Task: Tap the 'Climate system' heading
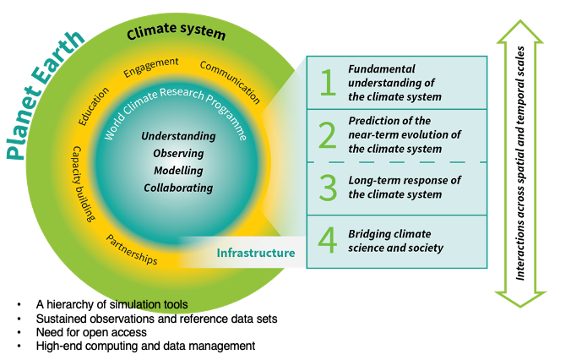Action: pyautogui.click(x=177, y=35)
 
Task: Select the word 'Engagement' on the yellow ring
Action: pyautogui.click(x=151, y=67)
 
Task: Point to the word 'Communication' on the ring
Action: pyautogui.click(x=231, y=78)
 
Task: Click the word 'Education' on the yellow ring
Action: pyautogui.click(x=94, y=106)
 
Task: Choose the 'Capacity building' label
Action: pyautogui.click(x=83, y=184)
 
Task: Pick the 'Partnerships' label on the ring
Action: pyautogui.click(x=132, y=249)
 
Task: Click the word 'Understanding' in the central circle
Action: pyautogui.click(x=178, y=136)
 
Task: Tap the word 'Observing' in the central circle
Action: pyautogui.click(x=178, y=153)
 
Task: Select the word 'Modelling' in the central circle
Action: pyautogui.click(x=178, y=170)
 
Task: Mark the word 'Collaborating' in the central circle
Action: pyautogui.click(x=178, y=188)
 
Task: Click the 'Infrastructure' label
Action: pyautogui.click(x=256, y=253)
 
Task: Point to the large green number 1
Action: pyautogui.click(x=327, y=83)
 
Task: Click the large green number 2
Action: pyautogui.click(x=327, y=135)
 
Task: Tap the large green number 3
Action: pyautogui.click(x=327, y=188)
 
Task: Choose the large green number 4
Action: pyautogui.click(x=327, y=241)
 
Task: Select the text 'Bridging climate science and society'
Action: pyautogui.click(x=396, y=241)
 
